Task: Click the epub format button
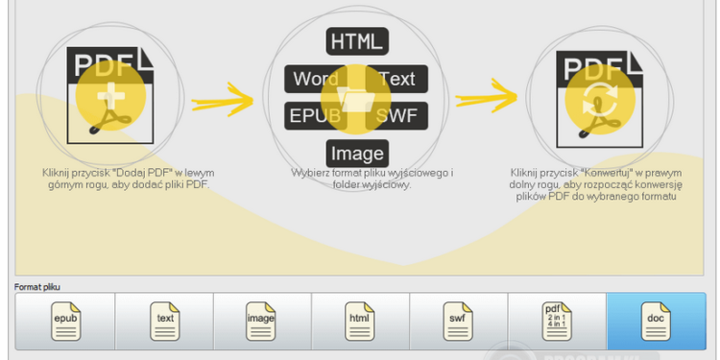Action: point(65,322)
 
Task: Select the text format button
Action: point(164,322)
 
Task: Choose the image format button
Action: point(262,322)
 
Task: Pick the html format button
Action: point(360,322)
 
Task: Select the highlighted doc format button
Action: point(656,322)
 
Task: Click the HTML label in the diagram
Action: point(357,40)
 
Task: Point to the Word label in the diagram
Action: point(316,79)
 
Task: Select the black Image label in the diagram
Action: point(357,153)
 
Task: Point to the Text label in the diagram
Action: point(396,79)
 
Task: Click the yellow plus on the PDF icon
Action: point(111,98)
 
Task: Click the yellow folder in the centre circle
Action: point(356,99)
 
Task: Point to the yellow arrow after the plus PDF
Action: point(223,98)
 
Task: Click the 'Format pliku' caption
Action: point(36,286)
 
